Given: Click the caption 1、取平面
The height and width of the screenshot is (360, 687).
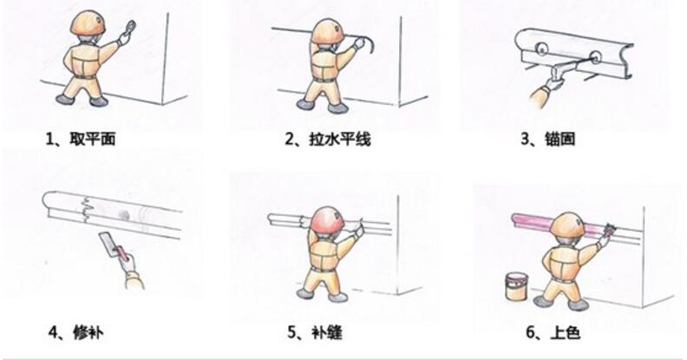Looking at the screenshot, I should click(x=79, y=138).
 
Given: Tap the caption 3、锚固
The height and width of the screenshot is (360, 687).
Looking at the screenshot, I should click(x=547, y=139).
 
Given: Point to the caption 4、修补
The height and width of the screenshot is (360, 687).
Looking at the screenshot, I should click(x=74, y=331).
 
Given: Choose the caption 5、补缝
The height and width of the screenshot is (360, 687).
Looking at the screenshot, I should click(x=317, y=331).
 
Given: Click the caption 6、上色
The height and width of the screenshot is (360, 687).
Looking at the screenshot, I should click(x=548, y=331).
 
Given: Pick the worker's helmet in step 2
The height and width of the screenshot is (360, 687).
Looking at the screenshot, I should click(x=328, y=31).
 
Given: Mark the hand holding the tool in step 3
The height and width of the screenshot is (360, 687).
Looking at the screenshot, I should click(x=545, y=85).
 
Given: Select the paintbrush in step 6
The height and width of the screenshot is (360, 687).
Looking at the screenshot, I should click(x=611, y=230).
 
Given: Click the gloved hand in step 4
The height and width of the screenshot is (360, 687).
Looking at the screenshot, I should click(x=131, y=274).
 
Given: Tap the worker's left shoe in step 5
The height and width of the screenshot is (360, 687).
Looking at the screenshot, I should click(x=304, y=294).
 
